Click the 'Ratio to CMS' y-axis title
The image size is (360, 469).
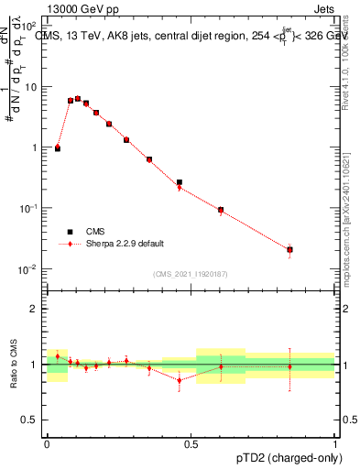13,364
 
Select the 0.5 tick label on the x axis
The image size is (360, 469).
191,443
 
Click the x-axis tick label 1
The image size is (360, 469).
335,443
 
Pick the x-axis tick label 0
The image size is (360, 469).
47,443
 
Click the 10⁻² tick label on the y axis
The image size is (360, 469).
28,269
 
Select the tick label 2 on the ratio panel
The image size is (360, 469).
34,309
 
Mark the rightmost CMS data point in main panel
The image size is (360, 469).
289,249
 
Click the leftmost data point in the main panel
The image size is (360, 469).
58,147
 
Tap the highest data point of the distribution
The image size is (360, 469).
78,98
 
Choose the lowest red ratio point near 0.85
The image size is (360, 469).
180,380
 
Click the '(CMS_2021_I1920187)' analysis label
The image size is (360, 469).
191,273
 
